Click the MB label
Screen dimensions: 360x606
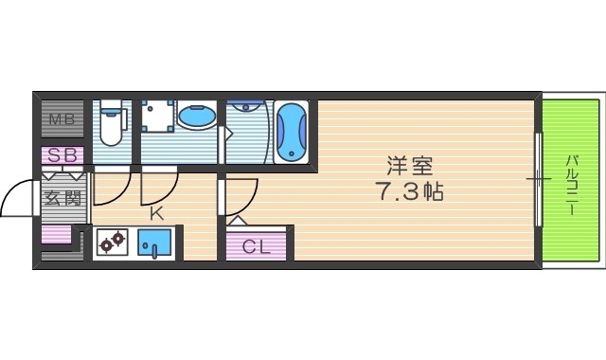point(62,119)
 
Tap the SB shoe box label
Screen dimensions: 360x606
point(62,154)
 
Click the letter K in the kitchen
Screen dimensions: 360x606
point(156,213)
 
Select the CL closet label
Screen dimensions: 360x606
point(257,247)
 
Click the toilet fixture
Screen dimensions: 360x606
point(112,124)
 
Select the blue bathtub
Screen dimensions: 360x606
point(293,132)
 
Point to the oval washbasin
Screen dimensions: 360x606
point(196,118)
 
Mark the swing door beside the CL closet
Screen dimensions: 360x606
point(239,199)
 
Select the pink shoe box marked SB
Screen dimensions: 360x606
point(62,156)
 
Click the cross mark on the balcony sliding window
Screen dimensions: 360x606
point(538,177)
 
